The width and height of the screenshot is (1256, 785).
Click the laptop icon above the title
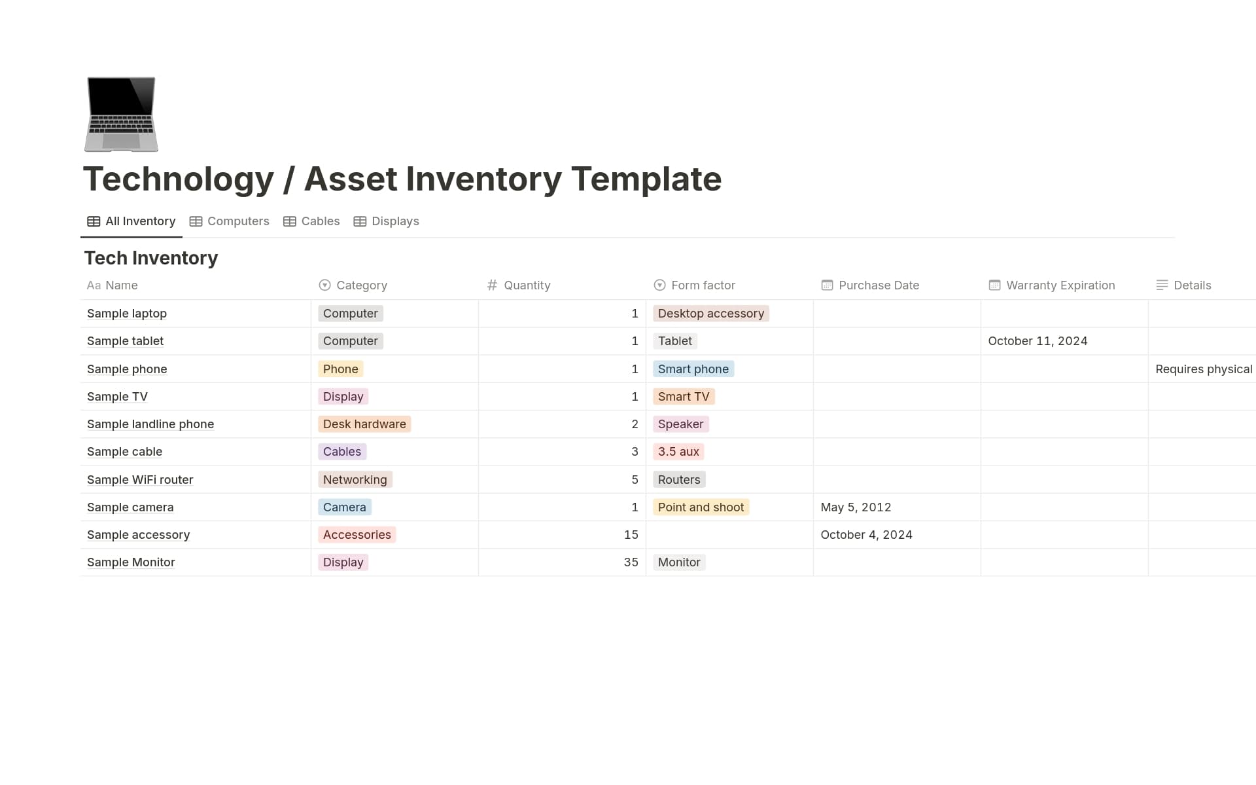point(121,115)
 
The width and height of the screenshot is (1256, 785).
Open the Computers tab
point(229,221)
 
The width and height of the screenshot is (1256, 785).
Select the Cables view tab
point(311,221)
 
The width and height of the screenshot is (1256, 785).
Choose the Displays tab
point(386,221)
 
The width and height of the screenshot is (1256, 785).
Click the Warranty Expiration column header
point(1052,285)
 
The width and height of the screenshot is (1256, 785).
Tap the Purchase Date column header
point(870,285)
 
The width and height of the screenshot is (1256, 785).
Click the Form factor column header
point(694,285)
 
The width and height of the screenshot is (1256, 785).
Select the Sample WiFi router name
point(140,480)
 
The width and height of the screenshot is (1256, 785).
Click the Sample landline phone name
point(150,424)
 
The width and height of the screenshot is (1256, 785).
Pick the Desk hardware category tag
point(364,424)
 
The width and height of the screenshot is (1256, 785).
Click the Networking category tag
point(355,480)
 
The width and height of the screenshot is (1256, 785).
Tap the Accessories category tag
point(357,535)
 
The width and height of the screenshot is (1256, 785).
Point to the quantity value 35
point(631,562)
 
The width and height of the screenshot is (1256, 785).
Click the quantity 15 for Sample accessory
point(631,535)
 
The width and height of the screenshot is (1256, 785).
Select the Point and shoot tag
point(701,507)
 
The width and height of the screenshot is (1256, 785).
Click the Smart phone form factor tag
point(693,369)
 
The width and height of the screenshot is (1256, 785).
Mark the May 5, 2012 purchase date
point(856,507)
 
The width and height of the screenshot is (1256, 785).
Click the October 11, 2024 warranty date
point(1038,341)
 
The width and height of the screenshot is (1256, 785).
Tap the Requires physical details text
point(1204,369)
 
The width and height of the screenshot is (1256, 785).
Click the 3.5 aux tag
point(678,452)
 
